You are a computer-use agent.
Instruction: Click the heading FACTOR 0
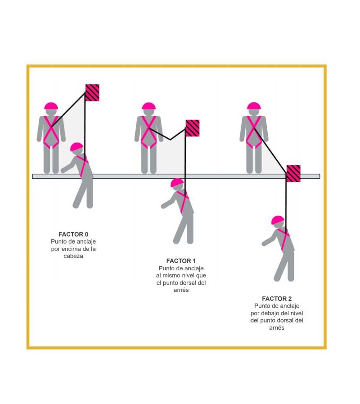(x=73, y=234)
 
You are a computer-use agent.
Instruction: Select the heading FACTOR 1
(x=181, y=261)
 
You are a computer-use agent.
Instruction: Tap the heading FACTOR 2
(x=277, y=299)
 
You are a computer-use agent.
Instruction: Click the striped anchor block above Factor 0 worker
(x=92, y=92)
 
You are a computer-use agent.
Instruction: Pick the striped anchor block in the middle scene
(x=193, y=128)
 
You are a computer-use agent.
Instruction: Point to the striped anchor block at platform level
(x=293, y=173)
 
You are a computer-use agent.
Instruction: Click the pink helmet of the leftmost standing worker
(x=51, y=106)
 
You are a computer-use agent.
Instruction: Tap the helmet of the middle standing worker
(x=149, y=106)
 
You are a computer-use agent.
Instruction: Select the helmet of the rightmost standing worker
(x=254, y=106)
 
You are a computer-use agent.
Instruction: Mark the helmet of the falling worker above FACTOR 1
(x=177, y=183)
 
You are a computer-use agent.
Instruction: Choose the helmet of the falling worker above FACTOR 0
(x=76, y=147)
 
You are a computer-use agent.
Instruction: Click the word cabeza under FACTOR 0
(x=73, y=256)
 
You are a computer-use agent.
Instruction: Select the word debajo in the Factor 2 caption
(x=270, y=313)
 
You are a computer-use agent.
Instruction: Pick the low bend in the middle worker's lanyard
(x=170, y=140)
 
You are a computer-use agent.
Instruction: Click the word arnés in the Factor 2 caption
(x=277, y=328)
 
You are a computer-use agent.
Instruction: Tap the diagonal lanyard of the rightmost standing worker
(x=270, y=150)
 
